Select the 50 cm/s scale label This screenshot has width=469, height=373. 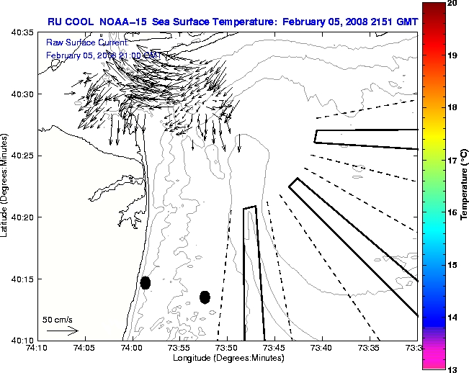pyautogui.click(x=57, y=319)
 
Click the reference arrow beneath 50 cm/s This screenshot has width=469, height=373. pyautogui.click(x=62, y=331)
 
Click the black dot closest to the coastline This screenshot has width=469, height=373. pyautogui.click(x=145, y=282)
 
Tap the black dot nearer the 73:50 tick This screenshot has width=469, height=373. pyautogui.click(x=205, y=297)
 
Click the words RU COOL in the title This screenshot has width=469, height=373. pyautogui.click(x=68, y=22)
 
